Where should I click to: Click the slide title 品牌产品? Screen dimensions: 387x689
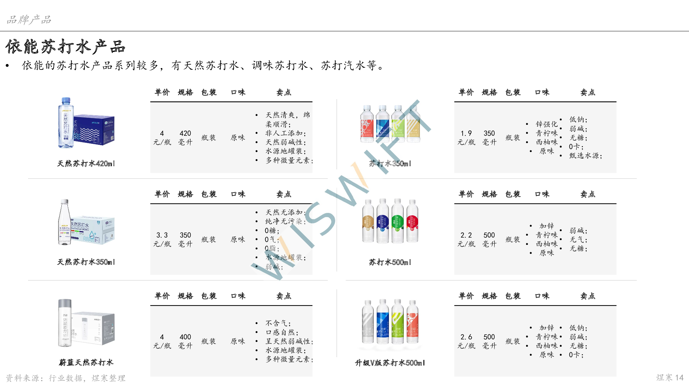29,20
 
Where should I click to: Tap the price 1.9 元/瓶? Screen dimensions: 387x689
466,138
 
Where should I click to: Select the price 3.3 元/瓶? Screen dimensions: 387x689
162,239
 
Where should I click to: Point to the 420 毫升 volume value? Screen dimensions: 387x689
185,138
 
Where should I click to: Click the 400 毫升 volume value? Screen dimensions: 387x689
185,341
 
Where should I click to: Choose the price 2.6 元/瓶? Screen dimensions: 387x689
466,341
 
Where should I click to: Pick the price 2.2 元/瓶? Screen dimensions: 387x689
466,239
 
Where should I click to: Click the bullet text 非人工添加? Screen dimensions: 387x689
285,133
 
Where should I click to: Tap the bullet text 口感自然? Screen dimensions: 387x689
281,332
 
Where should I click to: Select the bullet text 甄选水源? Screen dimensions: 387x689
585,156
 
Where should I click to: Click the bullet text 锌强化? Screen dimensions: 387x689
546,124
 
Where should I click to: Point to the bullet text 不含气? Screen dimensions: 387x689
278,323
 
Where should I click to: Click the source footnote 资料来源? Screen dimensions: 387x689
65,378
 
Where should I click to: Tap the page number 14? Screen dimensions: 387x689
679,378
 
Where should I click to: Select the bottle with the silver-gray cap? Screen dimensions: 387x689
65,323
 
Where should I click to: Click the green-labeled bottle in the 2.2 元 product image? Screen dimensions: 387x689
397,221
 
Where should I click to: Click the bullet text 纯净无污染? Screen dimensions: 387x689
285,222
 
